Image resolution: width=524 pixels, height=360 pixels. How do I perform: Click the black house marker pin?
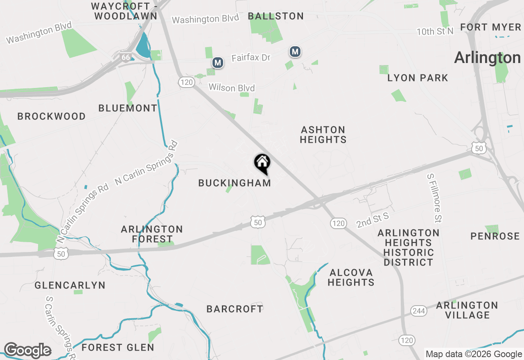[262, 163]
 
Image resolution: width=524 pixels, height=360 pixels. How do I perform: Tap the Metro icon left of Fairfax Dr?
[218, 63]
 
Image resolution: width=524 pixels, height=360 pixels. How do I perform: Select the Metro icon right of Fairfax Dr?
[295, 52]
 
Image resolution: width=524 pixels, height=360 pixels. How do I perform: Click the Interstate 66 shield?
[125, 57]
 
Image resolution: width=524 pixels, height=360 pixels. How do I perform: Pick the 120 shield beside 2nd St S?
[338, 223]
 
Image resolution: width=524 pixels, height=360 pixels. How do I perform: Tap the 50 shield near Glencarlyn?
[61, 254]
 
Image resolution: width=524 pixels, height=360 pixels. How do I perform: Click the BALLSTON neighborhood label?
[276, 16]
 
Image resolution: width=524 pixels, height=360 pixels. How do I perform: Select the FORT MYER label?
[490, 27]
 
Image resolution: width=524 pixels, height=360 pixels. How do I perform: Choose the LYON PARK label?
[418, 78]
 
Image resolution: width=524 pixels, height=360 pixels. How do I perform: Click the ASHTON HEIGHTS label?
[323, 135]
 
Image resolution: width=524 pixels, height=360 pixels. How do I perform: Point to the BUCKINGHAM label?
[235, 183]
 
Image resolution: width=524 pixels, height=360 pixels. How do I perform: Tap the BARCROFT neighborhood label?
[235, 309]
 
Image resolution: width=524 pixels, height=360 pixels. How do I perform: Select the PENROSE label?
[495, 236]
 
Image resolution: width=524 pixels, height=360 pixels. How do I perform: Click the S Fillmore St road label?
[434, 198]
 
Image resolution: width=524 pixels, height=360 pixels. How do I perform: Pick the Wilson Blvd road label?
[232, 88]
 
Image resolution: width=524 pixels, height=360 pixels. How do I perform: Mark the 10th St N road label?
[435, 32]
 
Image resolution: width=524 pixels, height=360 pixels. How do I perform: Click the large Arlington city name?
[487, 58]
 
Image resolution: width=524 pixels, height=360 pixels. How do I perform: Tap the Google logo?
[27, 350]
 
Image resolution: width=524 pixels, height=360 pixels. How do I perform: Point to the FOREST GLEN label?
[118, 348]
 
